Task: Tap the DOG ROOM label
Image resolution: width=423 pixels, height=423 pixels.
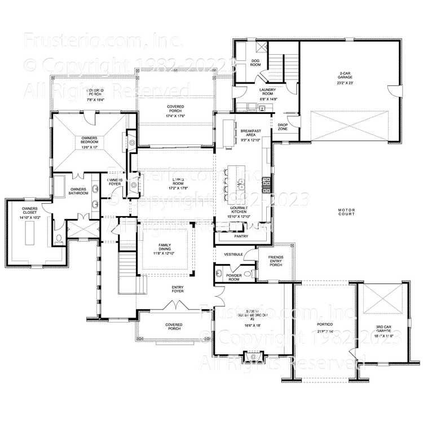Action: tap(255, 63)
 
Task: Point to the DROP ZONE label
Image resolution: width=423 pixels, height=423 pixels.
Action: tap(283, 127)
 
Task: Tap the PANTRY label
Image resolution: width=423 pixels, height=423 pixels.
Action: tap(241, 236)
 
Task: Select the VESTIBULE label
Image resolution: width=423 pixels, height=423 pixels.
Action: tap(233, 255)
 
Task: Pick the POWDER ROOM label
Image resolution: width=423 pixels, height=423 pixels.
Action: tap(233, 276)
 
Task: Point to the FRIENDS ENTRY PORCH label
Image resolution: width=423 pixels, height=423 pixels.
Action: tap(276, 261)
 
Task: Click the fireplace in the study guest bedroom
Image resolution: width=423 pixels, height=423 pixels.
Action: tap(253, 357)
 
